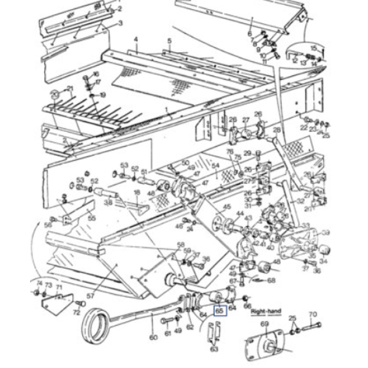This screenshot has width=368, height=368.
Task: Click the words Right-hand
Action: click(266, 312)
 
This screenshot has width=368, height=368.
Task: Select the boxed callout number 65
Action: click(219, 311)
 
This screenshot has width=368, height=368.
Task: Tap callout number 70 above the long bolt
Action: click(313, 315)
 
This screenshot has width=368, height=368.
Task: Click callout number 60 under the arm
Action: click(153, 337)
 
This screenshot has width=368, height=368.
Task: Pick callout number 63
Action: click(214, 349)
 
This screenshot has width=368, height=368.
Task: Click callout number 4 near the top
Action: click(136, 39)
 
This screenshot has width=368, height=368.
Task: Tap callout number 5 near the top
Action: click(169, 41)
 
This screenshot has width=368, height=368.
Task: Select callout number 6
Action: click(250, 34)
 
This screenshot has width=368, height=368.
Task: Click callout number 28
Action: click(277, 130)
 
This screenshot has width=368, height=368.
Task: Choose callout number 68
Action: click(270, 280)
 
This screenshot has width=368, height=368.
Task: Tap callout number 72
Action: click(77, 313)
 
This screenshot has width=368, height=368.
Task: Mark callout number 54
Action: click(215, 166)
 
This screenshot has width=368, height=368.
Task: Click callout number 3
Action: click(120, 23)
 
